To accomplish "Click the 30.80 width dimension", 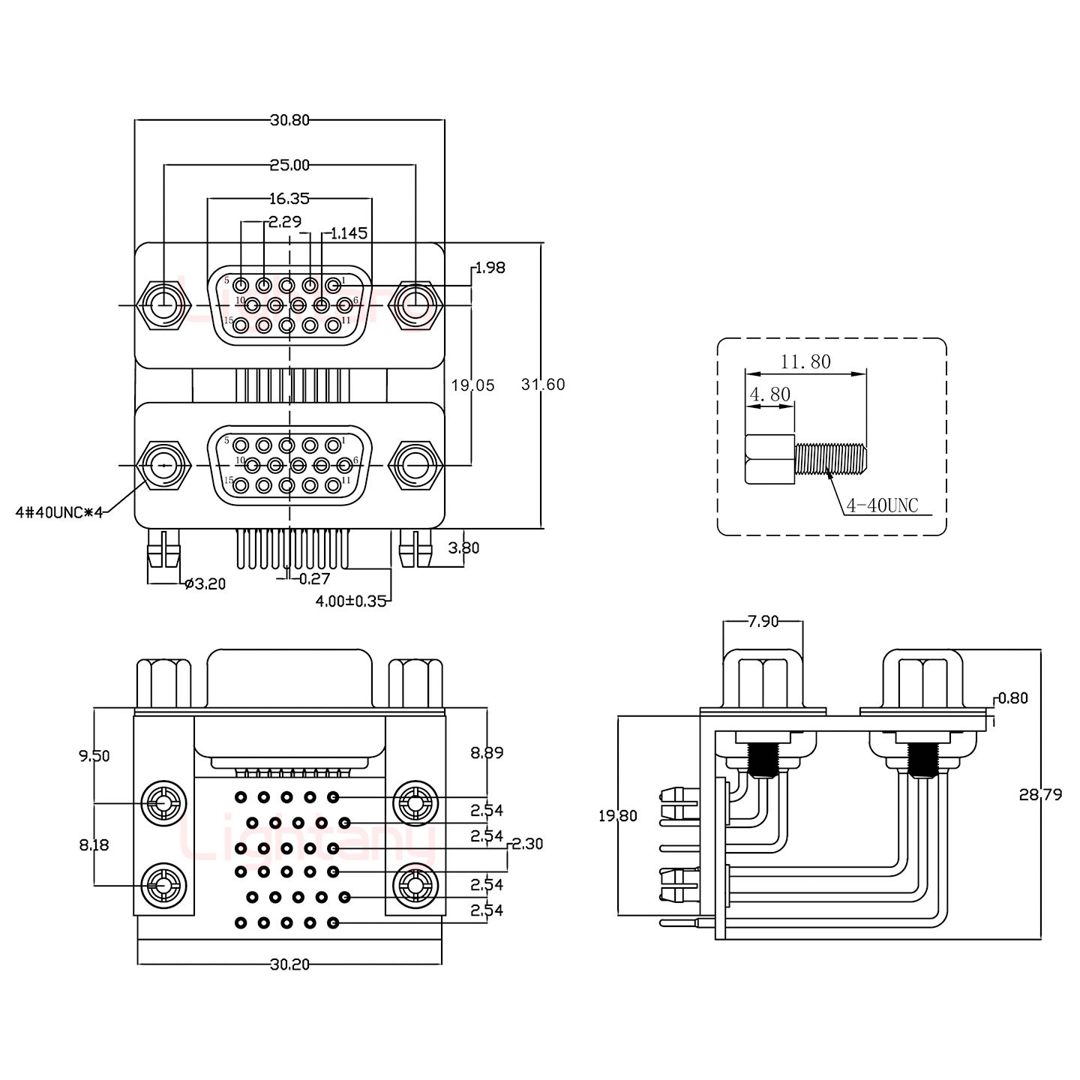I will tap(289, 119).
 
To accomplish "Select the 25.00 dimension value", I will tap(289, 164).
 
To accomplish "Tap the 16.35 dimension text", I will tap(289, 199).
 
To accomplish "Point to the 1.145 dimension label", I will tap(349, 233).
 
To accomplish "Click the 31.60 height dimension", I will tap(543, 385).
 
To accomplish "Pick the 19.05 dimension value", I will tap(472, 385).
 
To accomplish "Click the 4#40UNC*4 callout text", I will tap(58, 513).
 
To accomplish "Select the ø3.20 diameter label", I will tap(204, 583).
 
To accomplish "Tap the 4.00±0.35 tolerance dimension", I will tap(350, 601).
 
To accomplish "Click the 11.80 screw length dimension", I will tap(805, 362).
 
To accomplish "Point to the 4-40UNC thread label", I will tap(882, 506).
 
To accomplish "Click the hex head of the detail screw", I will tap(769, 458).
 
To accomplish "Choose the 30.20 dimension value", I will tap(289, 964).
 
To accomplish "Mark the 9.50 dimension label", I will tap(94, 756).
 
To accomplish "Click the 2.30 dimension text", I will tap(527, 844).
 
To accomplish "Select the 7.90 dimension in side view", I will tap(763, 621).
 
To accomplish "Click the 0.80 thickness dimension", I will tap(1013, 698).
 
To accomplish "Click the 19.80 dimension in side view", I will tap(617, 816).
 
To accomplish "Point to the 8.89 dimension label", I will tap(487, 752).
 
